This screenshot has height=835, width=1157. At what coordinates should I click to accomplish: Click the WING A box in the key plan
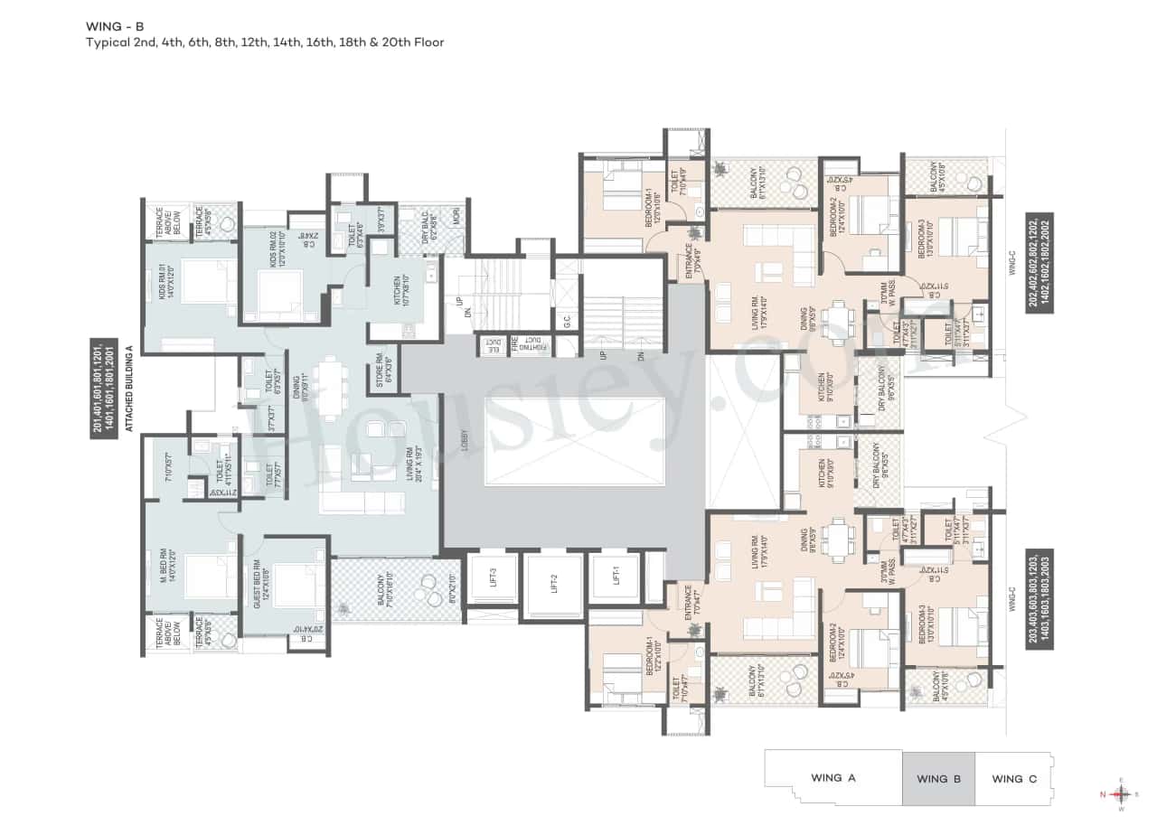pos(832,777)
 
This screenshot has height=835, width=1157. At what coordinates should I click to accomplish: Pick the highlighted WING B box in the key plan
pos(938,777)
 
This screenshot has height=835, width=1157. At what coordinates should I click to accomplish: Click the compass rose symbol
pos(1122,794)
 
